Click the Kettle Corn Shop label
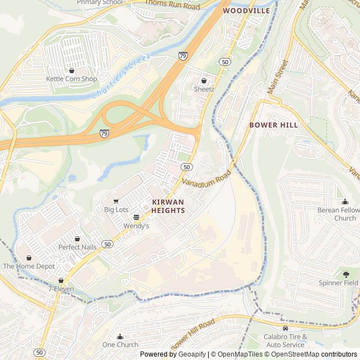pyautogui.click(x=71, y=79)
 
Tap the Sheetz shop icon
pyautogui.click(x=204, y=81)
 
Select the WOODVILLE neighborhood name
pyautogui.click(x=246, y=11)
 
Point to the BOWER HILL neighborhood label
pyautogui.click(x=274, y=125)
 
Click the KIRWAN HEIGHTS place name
pyautogui.click(x=168, y=206)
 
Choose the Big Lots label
pyautogui.click(x=116, y=210)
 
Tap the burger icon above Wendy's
pyautogui.click(x=136, y=217)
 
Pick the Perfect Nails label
pyautogui.click(x=77, y=247)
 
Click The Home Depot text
pyautogui.click(x=29, y=266)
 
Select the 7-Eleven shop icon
pyautogui.click(x=61, y=280)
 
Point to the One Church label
pyautogui.click(x=120, y=345)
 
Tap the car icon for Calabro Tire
pyautogui.click(x=285, y=328)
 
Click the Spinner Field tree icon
pyautogui.click(x=346, y=274)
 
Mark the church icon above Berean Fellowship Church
pyautogui.click(x=345, y=202)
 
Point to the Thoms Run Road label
pyautogui.click(x=172, y=5)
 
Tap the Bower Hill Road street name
pyautogui.click(x=192, y=333)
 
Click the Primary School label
pyautogui.click(x=100, y=3)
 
